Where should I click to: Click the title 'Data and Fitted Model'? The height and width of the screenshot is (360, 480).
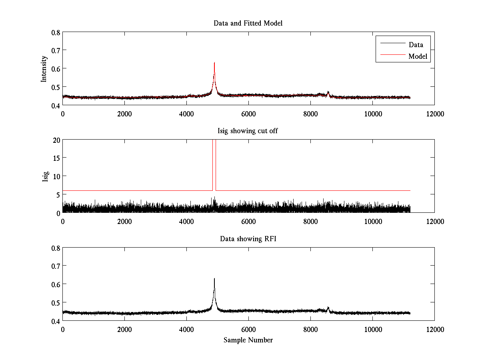point(248,23)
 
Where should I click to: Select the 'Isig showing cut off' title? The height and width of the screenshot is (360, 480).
point(248,131)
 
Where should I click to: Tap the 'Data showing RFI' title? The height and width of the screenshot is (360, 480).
point(248,239)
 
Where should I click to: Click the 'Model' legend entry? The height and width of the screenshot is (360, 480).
point(418,56)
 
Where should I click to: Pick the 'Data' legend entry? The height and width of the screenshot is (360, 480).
point(416,44)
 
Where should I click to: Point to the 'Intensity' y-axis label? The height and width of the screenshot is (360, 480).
point(44,68)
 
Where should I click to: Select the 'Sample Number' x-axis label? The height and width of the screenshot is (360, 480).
point(248,340)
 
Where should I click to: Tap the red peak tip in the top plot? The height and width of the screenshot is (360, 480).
point(214,63)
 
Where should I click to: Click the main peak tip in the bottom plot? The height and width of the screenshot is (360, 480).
point(214,278)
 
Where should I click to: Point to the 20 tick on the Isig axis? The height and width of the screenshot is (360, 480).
point(56,140)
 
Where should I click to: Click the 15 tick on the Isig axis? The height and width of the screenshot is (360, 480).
point(56,158)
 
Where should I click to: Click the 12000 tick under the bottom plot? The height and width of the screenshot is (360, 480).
point(434,329)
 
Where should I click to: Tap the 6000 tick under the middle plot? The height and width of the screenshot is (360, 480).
point(248,221)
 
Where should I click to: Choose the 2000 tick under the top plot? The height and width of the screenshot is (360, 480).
point(124,114)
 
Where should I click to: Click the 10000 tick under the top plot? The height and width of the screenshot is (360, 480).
point(372,114)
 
